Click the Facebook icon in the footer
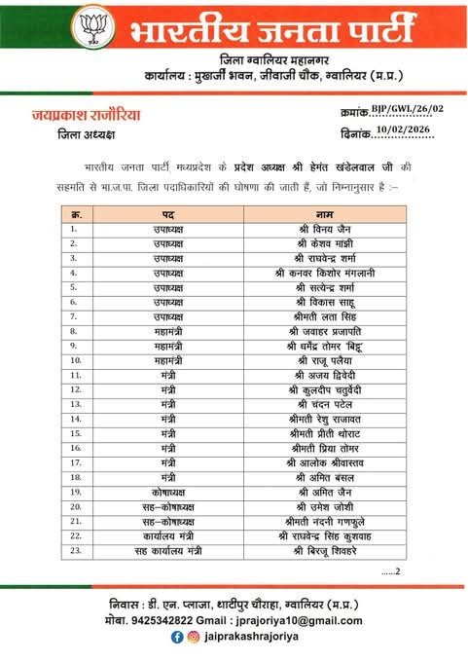[176, 637]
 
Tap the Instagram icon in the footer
[195, 637]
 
